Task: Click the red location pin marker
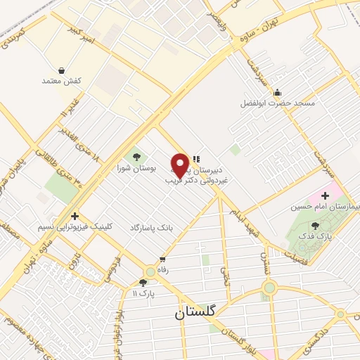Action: (179, 165)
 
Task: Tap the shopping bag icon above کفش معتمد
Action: (63, 70)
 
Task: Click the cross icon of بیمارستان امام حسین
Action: (325, 194)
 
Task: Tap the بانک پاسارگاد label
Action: (151, 228)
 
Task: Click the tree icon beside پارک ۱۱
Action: (143, 282)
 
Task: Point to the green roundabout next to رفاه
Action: (150, 271)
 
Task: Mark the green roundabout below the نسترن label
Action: (269, 287)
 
